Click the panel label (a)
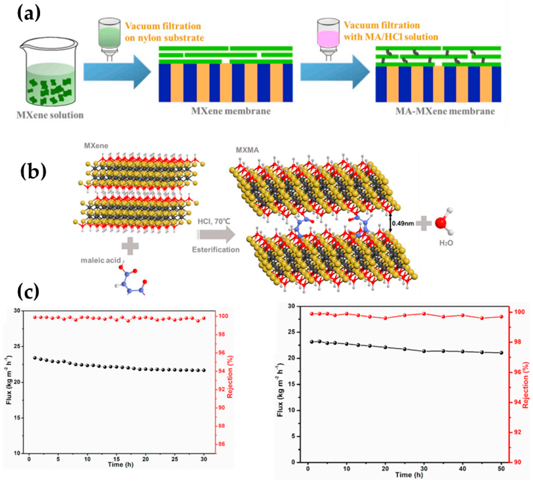coord(29,14)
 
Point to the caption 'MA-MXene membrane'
coord(445,111)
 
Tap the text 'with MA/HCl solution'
coord(391,37)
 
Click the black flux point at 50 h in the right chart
coord(501,353)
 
